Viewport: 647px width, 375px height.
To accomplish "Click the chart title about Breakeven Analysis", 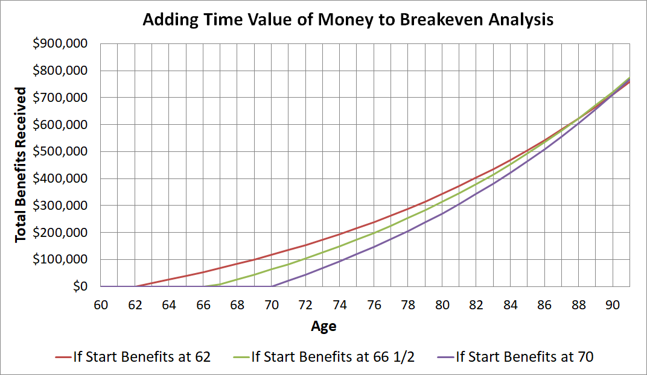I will click(348, 20).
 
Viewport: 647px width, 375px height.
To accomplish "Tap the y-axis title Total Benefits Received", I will click(21, 165).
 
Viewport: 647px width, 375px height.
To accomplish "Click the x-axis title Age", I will click(323, 327).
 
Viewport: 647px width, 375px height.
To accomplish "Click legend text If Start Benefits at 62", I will click(141, 357).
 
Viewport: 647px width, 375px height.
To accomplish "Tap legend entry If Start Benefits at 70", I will click(524, 357).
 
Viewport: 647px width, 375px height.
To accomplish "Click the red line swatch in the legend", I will click(62, 357).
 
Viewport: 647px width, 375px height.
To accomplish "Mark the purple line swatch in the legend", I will click(445, 357).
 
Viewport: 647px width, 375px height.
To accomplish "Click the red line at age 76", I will click(374, 222).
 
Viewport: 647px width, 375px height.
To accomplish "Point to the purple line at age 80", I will click(442, 213).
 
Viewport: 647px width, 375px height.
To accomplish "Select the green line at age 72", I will click(306, 259).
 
